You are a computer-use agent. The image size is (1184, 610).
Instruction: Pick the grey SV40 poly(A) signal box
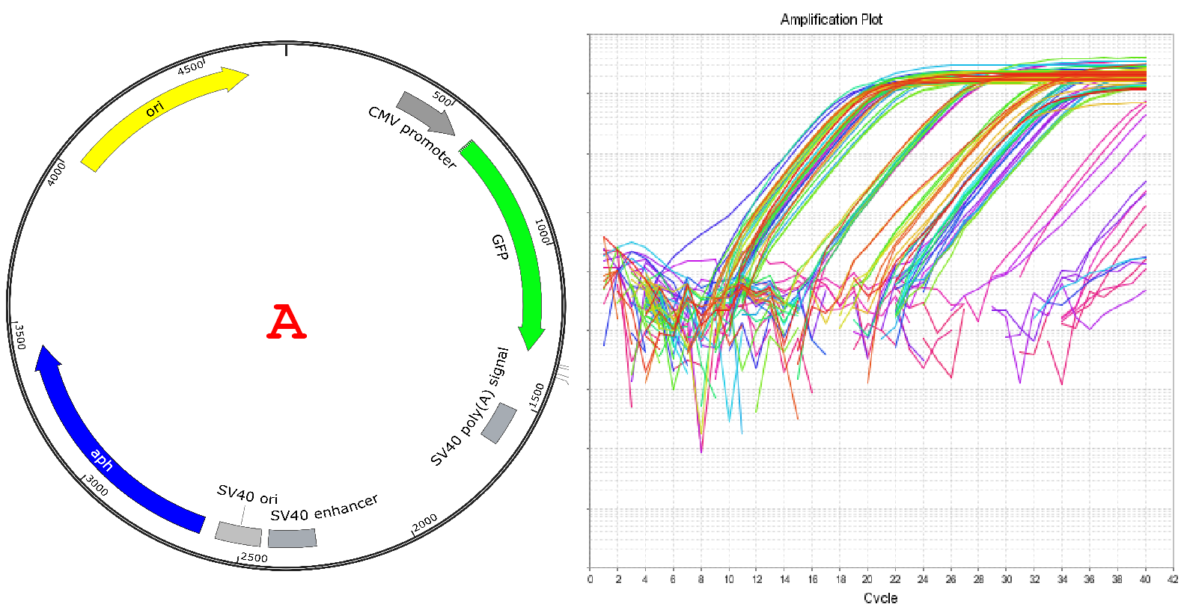pos(498,423)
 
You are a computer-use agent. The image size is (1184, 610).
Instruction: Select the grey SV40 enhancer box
pos(292,538)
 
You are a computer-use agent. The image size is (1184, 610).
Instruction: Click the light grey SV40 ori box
pos(238,534)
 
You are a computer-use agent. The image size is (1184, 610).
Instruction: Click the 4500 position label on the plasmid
pos(191,67)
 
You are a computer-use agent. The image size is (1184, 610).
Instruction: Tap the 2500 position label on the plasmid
pos(254,558)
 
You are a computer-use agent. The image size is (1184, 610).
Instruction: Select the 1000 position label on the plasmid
pos(543,231)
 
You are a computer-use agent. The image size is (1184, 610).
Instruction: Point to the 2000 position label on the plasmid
pos(425,523)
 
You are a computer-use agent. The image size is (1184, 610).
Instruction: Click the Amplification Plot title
pos(831,19)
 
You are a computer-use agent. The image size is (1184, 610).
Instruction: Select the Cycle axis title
pos(880,598)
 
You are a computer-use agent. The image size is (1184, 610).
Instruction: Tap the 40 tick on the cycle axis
pos(1144,579)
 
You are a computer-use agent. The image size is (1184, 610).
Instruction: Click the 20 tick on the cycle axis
pos(867,579)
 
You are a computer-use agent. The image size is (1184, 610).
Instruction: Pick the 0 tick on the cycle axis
pos(590,579)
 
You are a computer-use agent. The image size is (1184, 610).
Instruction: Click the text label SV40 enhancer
pos(324,508)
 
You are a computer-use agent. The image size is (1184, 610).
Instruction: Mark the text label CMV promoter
pos(412,137)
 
